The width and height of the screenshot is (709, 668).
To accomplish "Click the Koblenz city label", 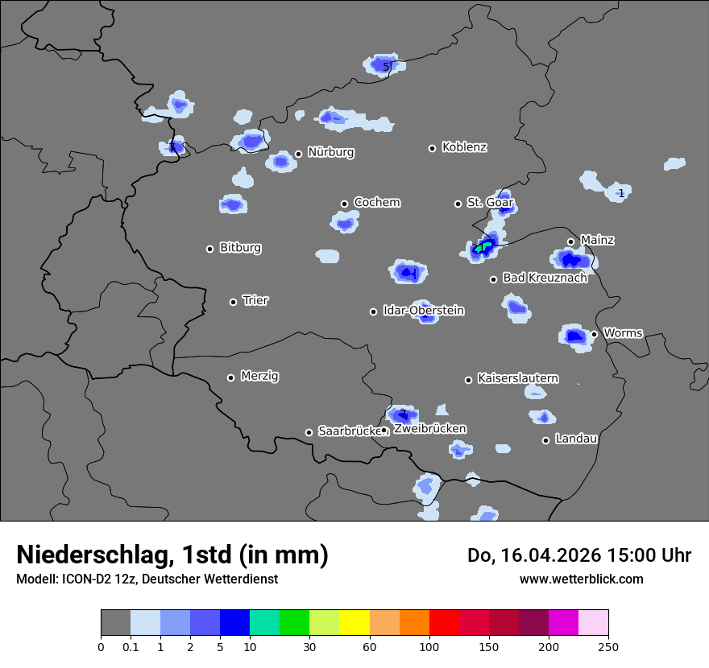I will (x=464, y=147).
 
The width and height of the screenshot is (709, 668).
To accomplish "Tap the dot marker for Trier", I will (x=234, y=302).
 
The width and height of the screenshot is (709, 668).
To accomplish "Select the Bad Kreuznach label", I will (x=545, y=278).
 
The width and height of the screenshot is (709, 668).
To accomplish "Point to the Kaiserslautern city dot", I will (x=468, y=380).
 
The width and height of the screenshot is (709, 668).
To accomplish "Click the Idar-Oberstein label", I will (x=423, y=311).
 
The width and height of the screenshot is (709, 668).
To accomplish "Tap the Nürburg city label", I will (x=330, y=152).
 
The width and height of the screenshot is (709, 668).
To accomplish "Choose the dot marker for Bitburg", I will (x=210, y=249).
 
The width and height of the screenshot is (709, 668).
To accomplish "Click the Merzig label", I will (x=259, y=376).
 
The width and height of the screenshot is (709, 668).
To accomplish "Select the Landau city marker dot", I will (x=545, y=440).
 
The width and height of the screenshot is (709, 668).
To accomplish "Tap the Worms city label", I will (x=623, y=332).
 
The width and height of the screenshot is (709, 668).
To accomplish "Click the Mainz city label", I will (x=597, y=240).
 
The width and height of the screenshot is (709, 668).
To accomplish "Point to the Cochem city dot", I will (x=344, y=204).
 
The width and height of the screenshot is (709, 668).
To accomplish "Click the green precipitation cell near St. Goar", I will (x=482, y=247).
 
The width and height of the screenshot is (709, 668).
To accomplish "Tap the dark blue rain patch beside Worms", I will (x=574, y=336).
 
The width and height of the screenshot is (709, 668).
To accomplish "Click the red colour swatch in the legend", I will (x=444, y=623).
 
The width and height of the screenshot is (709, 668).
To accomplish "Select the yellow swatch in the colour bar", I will (x=354, y=623).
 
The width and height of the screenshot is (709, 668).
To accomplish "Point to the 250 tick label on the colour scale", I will (x=608, y=646).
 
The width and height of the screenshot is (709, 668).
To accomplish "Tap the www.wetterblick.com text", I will (x=581, y=579).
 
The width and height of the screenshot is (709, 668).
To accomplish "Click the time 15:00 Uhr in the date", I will (x=648, y=555).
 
